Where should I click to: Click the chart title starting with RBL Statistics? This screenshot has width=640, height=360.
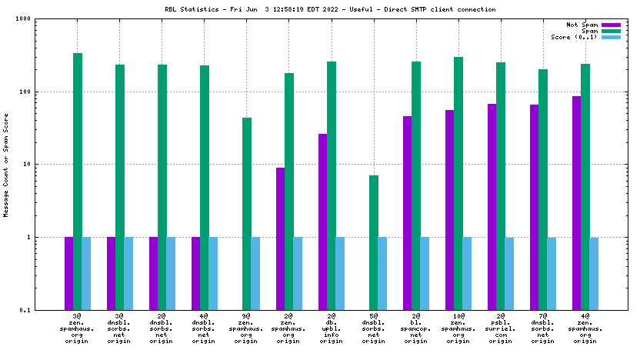319,9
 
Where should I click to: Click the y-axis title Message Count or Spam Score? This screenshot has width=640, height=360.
6,164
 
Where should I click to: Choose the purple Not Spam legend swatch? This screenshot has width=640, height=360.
611,25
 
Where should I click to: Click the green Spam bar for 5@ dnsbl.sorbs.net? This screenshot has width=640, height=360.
373,242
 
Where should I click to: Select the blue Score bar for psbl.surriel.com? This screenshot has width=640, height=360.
509,274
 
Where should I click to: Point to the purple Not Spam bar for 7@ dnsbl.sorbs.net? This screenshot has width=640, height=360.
534,207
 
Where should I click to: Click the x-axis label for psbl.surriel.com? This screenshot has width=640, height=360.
500,328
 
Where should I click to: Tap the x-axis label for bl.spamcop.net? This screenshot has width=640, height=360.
415,328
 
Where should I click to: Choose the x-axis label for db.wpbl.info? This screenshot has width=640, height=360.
331,328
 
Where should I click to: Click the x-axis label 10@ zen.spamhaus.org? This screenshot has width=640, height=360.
458,328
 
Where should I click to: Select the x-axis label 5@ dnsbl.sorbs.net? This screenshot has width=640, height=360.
373,328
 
